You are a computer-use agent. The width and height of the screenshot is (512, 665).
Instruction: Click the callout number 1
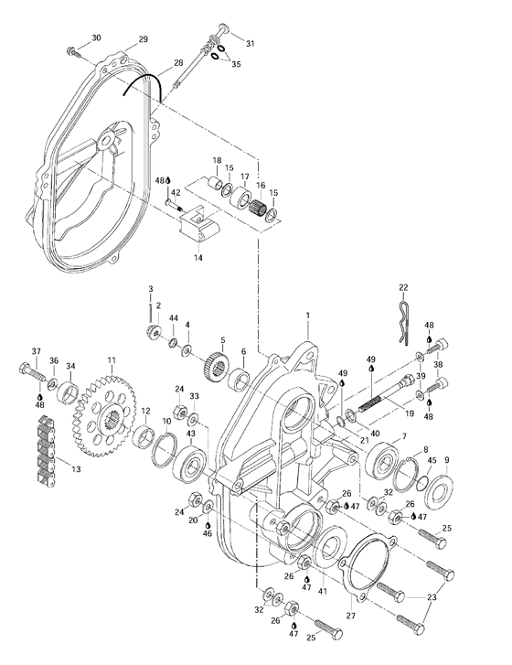pyautogui.click(x=308, y=315)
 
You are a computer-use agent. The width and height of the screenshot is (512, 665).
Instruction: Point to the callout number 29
pyautogui.click(x=143, y=38)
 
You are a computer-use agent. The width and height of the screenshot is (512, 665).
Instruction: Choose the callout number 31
pyautogui.click(x=251, y=44)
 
